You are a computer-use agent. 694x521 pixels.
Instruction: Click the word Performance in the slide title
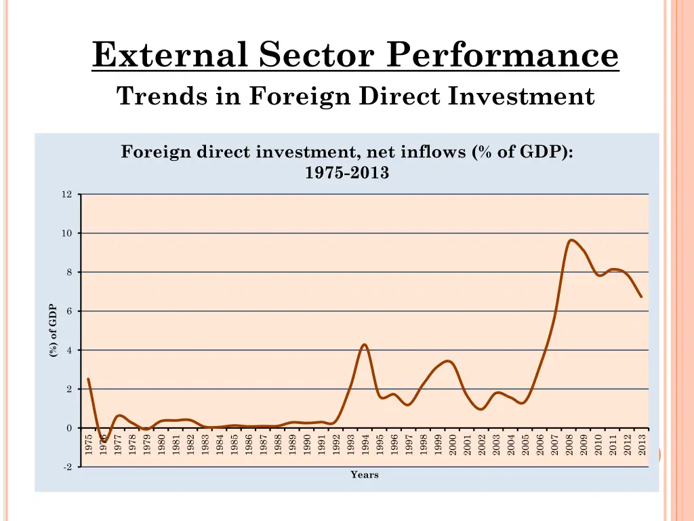point(502,54)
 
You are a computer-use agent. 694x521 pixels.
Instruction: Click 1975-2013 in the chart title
point(347,173)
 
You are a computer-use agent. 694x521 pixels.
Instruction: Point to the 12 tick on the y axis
point(66,195)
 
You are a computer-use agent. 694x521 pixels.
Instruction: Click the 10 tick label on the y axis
point(66,233)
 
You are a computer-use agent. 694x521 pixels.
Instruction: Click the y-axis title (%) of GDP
point(53,331)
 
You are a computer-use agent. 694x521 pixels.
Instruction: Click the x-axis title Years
point(365,475)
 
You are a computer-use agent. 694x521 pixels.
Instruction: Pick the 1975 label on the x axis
point(89,445)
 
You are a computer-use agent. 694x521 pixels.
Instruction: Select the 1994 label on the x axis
point(365,445)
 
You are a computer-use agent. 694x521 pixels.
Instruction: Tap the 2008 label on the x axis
point(569,445)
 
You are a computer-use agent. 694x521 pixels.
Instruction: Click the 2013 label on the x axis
point(642,445)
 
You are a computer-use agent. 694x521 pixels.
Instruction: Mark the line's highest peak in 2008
point(571,239)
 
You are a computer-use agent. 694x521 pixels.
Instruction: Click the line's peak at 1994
point(365,345)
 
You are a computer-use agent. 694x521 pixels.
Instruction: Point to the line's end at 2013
point(641,296)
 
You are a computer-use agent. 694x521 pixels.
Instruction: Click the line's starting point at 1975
point(88,379)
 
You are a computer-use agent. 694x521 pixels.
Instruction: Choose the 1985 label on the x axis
point(234,445)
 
